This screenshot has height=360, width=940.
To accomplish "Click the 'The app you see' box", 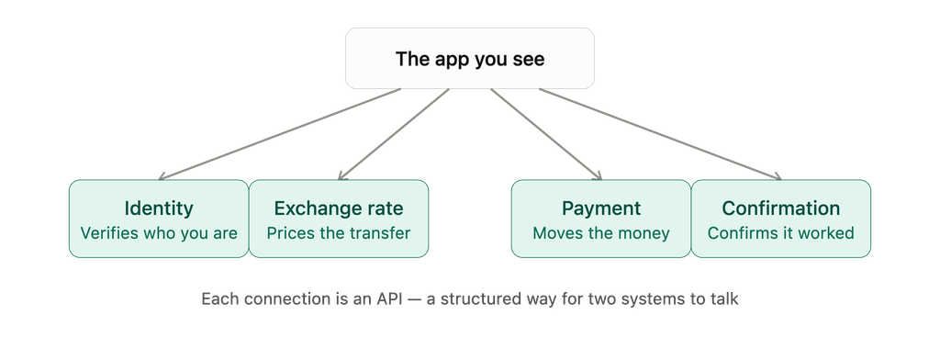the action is [470, 58].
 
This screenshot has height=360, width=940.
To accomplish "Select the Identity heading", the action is [159, 208].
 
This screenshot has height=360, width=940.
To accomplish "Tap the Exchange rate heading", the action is [339, 208].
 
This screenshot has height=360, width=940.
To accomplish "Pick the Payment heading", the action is [601, 208].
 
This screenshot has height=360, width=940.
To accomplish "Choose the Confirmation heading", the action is [781, 208].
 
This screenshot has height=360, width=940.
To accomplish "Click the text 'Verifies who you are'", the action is [159, 232].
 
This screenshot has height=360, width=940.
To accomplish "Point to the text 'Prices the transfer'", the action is [339, 232].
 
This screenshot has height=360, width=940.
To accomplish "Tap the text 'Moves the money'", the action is [601, 232].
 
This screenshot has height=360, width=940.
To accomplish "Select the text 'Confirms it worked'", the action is [781, 232].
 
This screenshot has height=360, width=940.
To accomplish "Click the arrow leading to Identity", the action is [279, 134].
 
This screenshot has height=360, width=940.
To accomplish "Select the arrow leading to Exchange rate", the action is [393, 134].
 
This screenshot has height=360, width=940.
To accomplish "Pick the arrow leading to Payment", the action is [546, 134].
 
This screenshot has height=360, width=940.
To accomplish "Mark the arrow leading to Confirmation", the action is [661, 134].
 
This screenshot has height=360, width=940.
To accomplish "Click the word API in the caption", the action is [389, 298].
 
